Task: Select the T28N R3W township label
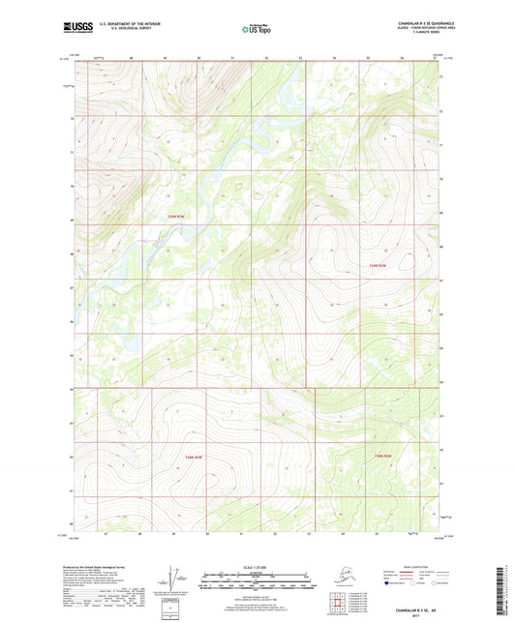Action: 197,455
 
